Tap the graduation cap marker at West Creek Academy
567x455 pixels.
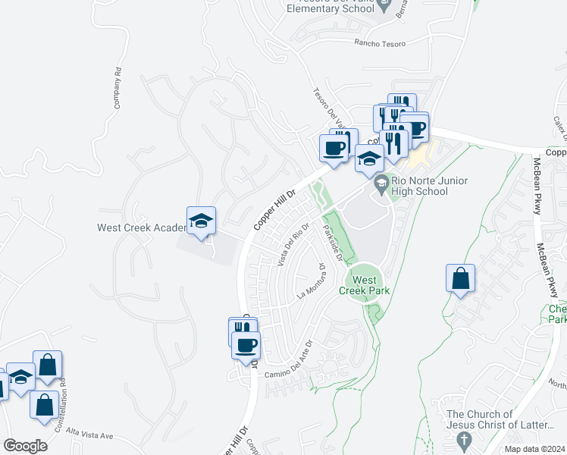point(201,221)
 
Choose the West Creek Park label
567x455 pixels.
point(365,285)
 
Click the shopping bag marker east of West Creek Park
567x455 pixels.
point(460,278)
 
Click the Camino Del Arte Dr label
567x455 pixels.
point(289,361)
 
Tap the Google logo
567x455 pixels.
point(25,446)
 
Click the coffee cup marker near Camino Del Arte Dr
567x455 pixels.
point(246,346)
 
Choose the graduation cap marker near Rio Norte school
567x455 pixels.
point(369,159)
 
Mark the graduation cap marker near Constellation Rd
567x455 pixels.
point(21,378)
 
